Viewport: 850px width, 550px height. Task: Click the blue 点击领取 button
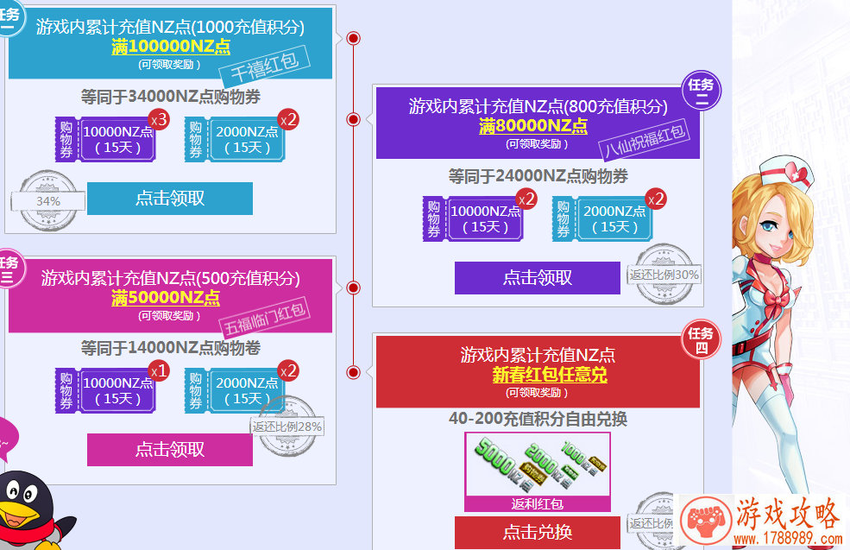170,199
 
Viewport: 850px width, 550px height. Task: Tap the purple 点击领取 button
537,278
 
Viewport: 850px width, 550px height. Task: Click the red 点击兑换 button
537,532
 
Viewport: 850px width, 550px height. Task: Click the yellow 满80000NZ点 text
532,126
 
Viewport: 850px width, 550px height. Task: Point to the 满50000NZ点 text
165,298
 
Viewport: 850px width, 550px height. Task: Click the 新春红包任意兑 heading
538,376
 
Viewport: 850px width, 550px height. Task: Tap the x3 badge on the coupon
158,119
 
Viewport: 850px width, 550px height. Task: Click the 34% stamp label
47,201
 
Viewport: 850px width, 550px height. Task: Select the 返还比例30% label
664,275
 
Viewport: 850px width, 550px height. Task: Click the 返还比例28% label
287,426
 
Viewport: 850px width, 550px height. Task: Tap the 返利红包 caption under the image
537,503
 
